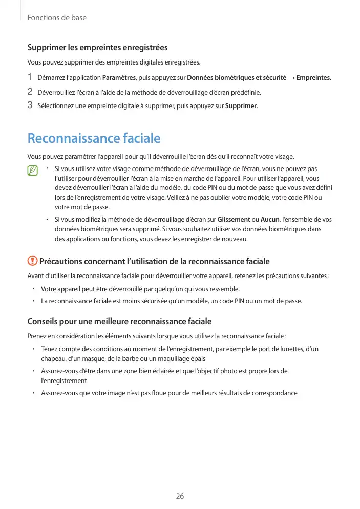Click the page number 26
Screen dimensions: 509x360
(180, 496)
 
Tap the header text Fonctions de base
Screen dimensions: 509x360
(57, 18)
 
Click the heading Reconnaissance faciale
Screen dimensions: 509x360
(94, 138)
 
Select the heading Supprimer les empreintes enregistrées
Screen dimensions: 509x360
(97, 48)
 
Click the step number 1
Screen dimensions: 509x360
(30, 77)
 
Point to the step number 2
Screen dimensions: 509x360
(30, 92)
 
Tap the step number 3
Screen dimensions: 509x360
(30, 106)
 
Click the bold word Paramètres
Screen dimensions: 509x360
(119, 78)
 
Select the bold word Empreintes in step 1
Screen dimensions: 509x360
(313, 78)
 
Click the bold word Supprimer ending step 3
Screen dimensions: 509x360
(241, 107)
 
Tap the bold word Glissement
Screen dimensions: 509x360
(234, 220)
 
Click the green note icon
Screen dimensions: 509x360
(33, 171)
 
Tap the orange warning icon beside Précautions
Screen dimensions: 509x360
(32, 261)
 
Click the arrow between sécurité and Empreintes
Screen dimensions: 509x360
(291, 78)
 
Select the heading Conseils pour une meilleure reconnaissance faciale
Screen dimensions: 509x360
(119, 322)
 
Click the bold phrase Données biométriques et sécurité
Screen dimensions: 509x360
(237, 78)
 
